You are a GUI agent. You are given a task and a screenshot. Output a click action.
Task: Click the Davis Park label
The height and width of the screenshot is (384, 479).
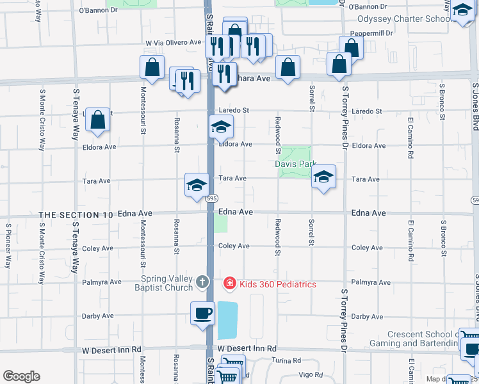point(296,164)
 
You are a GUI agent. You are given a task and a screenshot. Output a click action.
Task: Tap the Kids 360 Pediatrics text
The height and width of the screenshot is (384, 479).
point(277,284)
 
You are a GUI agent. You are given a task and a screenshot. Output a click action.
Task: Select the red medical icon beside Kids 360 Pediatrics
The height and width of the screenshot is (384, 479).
point(229,283)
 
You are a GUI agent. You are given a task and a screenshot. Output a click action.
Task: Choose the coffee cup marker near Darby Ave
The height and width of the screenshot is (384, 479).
point(202,314)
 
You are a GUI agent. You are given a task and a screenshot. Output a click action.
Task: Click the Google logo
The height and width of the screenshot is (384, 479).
point(21,376)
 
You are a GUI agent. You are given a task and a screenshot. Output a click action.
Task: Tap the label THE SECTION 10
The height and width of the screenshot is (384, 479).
point(76,215)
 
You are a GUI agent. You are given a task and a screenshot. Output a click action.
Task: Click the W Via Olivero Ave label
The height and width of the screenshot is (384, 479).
point(174,42)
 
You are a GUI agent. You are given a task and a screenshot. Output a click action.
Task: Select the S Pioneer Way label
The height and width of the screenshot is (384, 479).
point(8,246)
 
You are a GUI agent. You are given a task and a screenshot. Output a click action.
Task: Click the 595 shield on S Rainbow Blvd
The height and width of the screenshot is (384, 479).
point(211,199)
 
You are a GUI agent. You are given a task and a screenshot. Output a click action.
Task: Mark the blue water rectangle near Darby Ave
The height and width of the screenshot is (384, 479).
point(227,320)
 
